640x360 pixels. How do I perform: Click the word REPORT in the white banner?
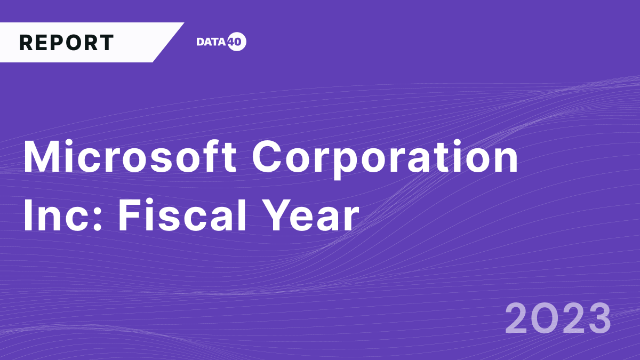coord(67,43)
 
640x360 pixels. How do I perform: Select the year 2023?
coord(558,318)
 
